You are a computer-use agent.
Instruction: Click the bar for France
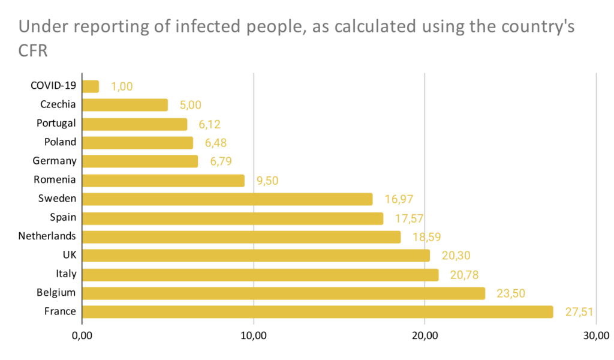[317, 312]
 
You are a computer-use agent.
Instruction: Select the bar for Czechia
[125, 105]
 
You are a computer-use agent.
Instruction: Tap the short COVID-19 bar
[91, 86]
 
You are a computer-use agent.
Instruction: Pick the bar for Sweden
[227, 199]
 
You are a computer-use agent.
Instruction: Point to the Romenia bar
[163, 181]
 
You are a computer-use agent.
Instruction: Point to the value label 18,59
[425, 237]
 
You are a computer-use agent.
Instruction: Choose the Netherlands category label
[47, 236]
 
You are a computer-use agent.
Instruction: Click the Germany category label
[55, 161]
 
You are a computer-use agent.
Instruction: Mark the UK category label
[69, 255]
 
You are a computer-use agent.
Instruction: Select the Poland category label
[61, 142]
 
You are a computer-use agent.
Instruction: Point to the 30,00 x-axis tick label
[595, 335]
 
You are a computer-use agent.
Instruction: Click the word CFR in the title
[34, 52]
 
